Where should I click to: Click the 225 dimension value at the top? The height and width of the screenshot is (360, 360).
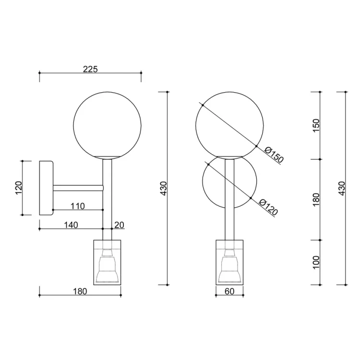click(90, 69)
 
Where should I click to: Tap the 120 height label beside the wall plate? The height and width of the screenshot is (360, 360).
click(19, 188)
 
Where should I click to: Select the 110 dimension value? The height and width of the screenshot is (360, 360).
click(78, 206)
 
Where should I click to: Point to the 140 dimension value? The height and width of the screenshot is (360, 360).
click(71, 225)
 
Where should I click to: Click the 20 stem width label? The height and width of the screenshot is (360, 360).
click(119, 225)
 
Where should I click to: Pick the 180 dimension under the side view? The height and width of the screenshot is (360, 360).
click(80, 291)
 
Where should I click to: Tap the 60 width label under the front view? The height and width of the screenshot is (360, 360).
click(229, 291)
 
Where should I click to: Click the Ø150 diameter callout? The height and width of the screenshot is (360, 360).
click(274, 155)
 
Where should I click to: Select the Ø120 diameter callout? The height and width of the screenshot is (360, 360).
click(268, 207)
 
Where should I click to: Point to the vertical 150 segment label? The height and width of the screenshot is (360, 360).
click(316, 125)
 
